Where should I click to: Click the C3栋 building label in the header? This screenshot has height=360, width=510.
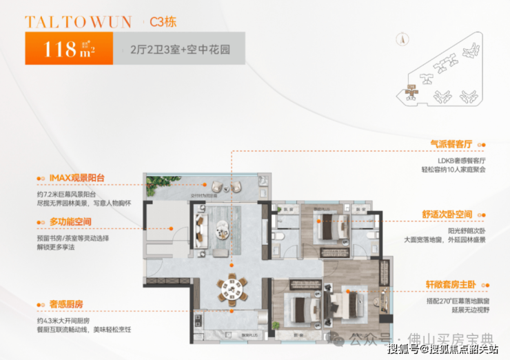tap(163, 21)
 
